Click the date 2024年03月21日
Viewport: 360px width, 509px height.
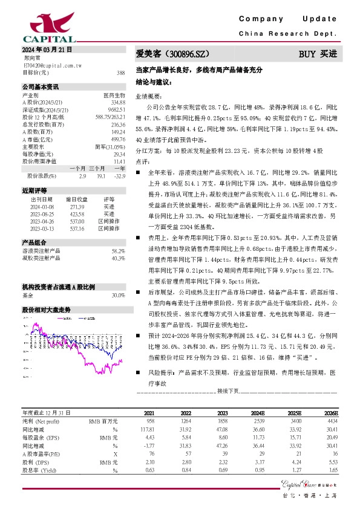pyautogui.click(x=47, y=49)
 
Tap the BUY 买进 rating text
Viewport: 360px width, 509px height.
pyautogui.click(x=318, y=54)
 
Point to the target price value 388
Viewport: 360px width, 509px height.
pyautogui.click(x=120, y=72)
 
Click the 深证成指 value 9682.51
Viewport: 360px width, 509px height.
pyautogui.click(x=117, y=109)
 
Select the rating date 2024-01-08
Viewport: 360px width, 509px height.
pyautogui.click(x=42, y=206)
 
